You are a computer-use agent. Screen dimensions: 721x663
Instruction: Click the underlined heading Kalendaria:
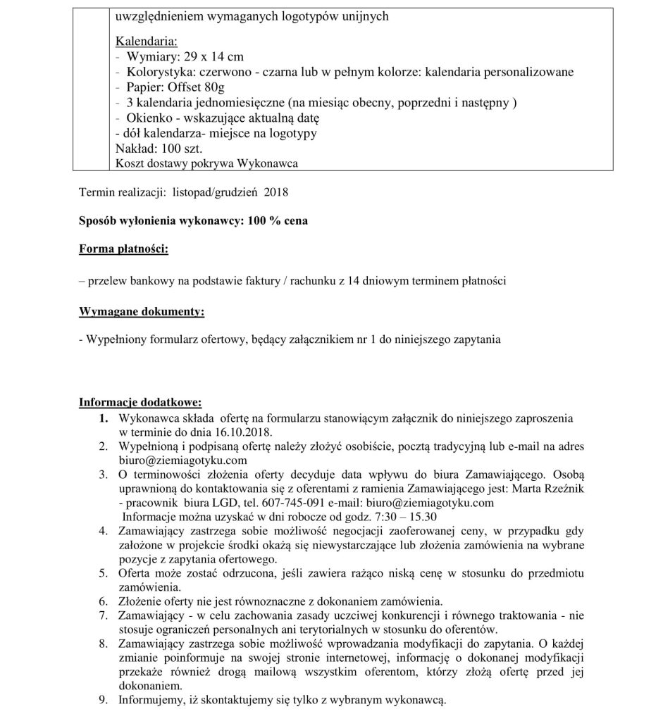tap(142, 42)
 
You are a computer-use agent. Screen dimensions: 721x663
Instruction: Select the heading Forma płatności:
tap(123, 250)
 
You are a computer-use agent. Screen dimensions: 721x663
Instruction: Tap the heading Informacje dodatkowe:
tap(140, 403)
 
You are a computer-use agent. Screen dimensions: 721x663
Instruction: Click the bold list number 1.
tap(104, 418)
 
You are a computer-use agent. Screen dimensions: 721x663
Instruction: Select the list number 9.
tap(104, 700)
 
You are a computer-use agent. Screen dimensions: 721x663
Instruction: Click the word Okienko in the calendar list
tap(149, 118)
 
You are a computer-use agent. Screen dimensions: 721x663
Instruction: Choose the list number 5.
tap(104, 573)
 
